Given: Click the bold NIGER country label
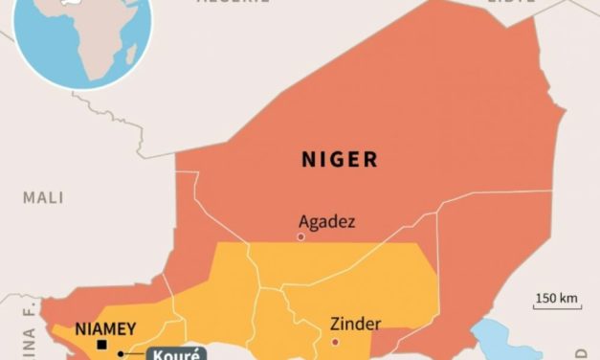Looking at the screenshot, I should (x=340, y=159).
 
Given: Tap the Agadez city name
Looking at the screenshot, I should (x=326, y=221).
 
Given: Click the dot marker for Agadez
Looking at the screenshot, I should (x=300, y=236).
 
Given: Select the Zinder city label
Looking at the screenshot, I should (x=355, y=323).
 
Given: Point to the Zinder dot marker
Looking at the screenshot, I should (x=335, y=342).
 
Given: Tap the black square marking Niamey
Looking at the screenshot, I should (x=102, y=345).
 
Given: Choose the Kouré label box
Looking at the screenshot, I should (x=174, y=353).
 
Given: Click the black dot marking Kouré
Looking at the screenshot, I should (x=121, y=354).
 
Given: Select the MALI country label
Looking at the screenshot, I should (x=44, y=197).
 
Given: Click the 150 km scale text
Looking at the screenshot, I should (x=557, y=299).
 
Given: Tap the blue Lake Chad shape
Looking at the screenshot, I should (x=498, y=340).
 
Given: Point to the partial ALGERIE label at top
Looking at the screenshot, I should (x=231, y=3).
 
